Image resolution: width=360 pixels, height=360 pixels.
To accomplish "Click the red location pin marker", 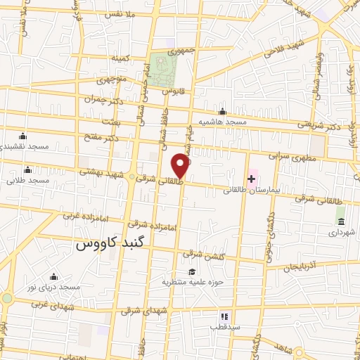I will click(x=181, y=166).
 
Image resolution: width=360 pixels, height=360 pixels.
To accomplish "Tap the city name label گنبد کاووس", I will click(x=109, y=245).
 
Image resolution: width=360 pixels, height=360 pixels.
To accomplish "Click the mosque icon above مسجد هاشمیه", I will click(x=223, y=111).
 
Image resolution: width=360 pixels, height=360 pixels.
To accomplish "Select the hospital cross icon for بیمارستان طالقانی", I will click(x=251, y=179).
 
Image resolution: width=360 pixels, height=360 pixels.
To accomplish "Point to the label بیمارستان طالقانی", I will click(x=255, y=190).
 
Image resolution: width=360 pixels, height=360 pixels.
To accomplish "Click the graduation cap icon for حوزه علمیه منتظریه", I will click(x=191, y=271).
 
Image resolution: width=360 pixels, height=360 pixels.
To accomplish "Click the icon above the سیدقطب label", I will click(x=225, y=318).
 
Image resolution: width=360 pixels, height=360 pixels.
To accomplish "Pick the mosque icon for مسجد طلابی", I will click(x=27, y=169).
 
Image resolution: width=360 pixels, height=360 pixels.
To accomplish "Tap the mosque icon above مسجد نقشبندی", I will click(x=22, y=136).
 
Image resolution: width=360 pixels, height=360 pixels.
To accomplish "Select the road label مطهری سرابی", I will click(x=289, y=155).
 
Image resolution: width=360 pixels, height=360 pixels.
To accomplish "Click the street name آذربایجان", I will click(x=301, y=266).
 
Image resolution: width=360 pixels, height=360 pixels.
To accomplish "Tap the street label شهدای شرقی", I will click(x=146, y=310).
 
